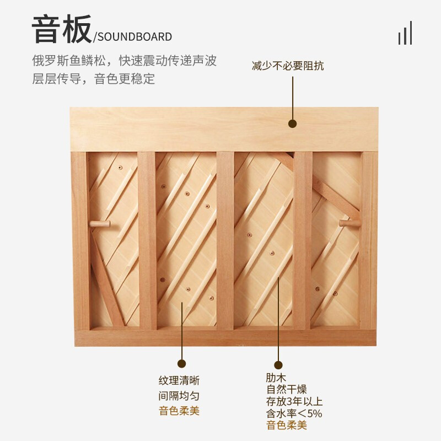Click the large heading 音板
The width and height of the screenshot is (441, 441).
click(62, 29)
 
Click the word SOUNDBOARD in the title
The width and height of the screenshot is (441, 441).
click(135, 37)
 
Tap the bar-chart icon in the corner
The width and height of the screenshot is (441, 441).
click(405, 33)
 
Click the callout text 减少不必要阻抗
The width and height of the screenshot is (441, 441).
click(288, 66)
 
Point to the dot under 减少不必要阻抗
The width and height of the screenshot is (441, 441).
click(293, 123)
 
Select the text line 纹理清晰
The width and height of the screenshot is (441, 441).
click(179, 380)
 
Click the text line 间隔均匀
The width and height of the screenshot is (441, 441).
click(179, 396)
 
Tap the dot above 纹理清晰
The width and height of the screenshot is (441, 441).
click(182, 363)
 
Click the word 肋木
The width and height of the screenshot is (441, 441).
click(276, 378)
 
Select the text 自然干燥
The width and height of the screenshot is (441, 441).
click(286, 390)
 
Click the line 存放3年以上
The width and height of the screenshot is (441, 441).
click(294, 401)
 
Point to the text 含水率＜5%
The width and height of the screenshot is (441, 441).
click(294, 413)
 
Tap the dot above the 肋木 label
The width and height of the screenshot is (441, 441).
click(278, 365)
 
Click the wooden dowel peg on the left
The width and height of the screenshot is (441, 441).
click(100, 224)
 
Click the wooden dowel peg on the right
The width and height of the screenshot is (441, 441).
click(349, 223)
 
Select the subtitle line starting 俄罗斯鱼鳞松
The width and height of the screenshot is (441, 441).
click(125, 61)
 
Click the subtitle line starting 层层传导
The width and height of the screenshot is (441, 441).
click(93, 79)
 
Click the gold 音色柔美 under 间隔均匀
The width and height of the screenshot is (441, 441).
click(179, 411)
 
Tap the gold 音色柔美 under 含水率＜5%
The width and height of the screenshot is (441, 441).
click(286, 425)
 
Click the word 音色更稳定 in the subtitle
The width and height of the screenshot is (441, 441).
click(125, 79)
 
